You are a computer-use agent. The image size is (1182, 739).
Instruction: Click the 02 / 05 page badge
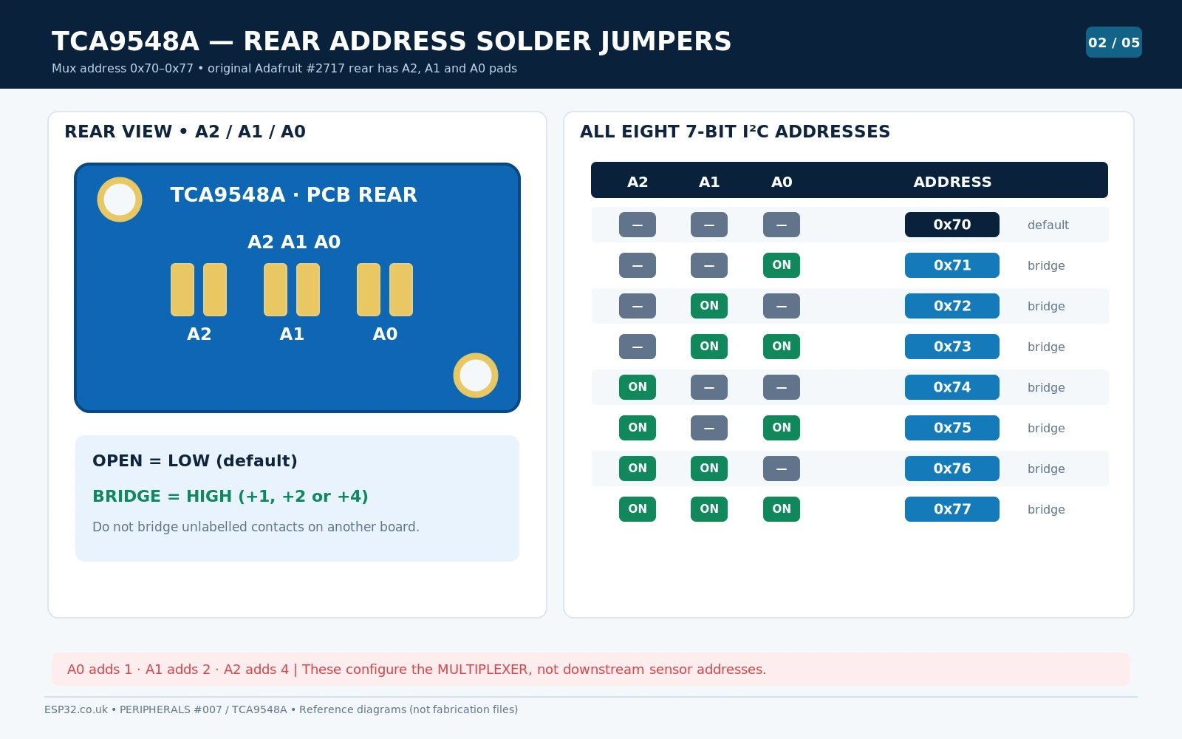click(x=1114, y=42)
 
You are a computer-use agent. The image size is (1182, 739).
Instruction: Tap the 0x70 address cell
click(x=952, y=225)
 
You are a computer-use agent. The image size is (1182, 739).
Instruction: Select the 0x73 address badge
click(x=952, y=347)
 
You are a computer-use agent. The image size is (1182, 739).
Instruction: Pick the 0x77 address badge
click(x=952, y=509)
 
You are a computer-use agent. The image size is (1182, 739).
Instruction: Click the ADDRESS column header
click(x=952, y=182)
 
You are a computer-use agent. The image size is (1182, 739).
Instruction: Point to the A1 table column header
click(x=709, y=182)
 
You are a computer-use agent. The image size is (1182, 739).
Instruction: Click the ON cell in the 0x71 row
click(x=782, y=265)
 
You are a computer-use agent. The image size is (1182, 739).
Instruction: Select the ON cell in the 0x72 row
click(x=709, y=306)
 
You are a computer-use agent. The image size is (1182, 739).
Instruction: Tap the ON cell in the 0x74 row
click(x=638, y=387)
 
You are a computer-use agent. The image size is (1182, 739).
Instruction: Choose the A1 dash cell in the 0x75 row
click(x=709, y=428)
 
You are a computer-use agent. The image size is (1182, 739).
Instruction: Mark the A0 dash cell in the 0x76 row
click(x=782, y=469)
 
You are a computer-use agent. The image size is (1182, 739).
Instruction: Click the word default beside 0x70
click(x=1048, y=225)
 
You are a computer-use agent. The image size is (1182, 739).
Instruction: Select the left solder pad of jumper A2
click(x=182, y=290)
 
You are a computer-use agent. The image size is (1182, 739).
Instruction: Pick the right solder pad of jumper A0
click(x=401, y=290)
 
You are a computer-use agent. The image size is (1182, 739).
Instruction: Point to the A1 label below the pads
click(x=292, y=334)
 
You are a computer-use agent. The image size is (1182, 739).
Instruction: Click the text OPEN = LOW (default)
click(x=195, y=461)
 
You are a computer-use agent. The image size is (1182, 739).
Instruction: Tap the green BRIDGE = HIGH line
click(x=230, y=496)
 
